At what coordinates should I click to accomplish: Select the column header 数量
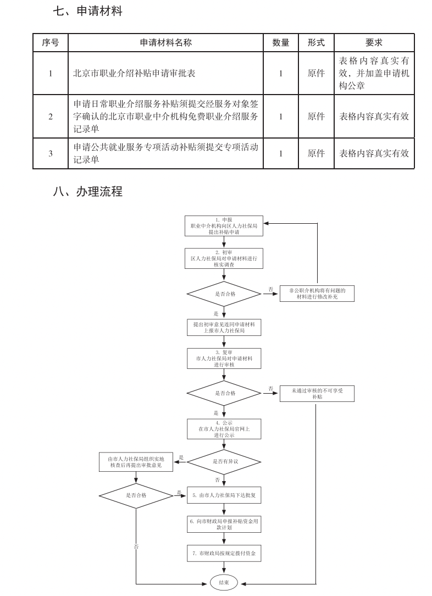click(x=280, y=43)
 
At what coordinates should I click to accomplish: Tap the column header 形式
click(x=316, y=43)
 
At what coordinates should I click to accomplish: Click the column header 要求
click(x=374, y=43)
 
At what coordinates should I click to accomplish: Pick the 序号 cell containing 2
click(x=51, y=117)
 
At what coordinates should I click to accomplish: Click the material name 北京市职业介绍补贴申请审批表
click(x=134, y=73)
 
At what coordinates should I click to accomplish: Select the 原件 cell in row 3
click(x=316, y=153)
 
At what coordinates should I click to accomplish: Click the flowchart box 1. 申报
click(x=223, y=226)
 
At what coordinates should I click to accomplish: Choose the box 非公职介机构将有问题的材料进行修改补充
click(x=317, y=293)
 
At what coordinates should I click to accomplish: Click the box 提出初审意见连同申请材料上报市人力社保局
click(x=223, y=327)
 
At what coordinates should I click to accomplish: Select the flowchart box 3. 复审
click(x=223, y=358)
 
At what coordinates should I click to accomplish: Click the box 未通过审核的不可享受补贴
click(x=317, y=393)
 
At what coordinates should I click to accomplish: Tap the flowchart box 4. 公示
click(x=223, y=428)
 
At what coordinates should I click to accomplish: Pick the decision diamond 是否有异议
click(x=224, y=461)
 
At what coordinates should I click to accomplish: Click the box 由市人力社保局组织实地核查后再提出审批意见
click(x=136, y=461)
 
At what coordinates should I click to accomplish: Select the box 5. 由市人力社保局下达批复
click(x=223, y=495)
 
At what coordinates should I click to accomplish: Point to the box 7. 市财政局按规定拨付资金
click(x=223, y=553)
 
